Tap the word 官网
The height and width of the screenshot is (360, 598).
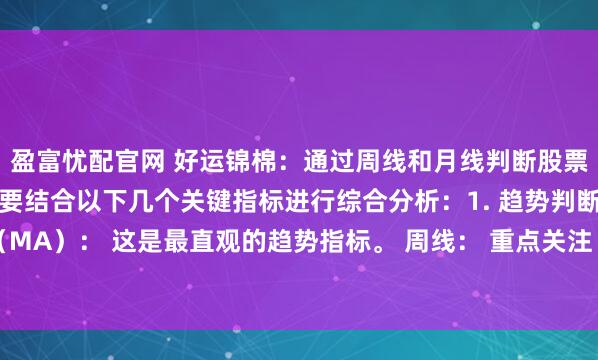137,159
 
